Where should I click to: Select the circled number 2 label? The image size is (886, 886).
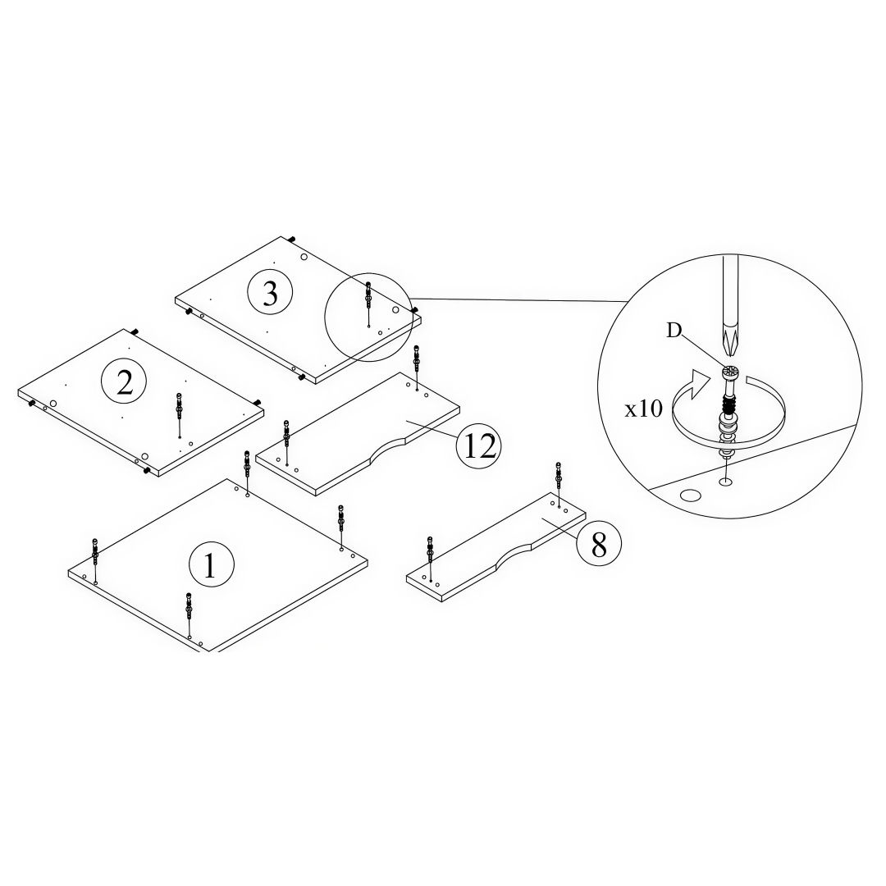click(x=124, y=382)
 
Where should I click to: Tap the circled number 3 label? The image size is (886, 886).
click(x=270, y=293)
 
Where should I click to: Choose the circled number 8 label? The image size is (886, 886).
click(x=598, y=542)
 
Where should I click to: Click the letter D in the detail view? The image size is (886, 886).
click(x=674, y=331)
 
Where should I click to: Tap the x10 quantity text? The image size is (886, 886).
click(x=644, y=409)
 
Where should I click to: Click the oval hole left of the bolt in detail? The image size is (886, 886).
click(x=691, y=495)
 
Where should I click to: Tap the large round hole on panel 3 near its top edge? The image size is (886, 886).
click(x=304, y=257)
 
